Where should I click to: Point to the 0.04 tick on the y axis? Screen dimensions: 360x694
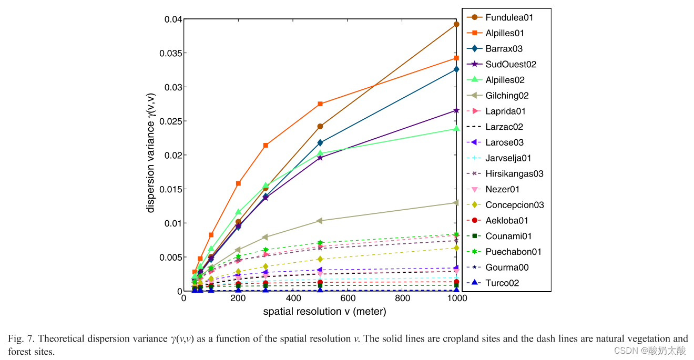172,19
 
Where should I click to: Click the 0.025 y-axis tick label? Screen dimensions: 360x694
169,121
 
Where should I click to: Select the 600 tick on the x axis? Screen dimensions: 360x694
348,299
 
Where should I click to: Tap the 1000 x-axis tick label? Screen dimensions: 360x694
456,299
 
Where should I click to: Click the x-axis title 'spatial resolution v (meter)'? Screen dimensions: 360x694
324,312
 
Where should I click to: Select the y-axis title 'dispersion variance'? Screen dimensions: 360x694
151,152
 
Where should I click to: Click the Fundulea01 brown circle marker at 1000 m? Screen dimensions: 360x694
456,24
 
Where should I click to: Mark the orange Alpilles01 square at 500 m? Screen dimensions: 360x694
320,104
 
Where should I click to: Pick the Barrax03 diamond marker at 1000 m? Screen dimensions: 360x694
456,69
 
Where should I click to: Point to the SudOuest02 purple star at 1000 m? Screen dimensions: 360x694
456,110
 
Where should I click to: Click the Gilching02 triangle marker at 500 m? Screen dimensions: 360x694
320,221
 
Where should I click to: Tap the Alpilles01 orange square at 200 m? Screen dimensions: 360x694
238,183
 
